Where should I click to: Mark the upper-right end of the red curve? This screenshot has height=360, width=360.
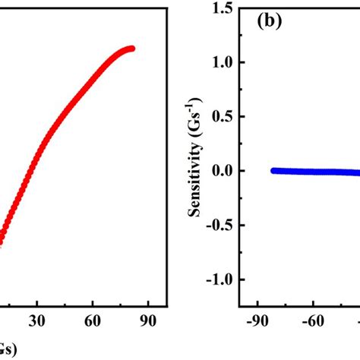click(131, 49)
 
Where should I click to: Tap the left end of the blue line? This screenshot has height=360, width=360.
click(273, 171)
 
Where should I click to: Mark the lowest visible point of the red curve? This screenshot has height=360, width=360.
click(1, 242)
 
